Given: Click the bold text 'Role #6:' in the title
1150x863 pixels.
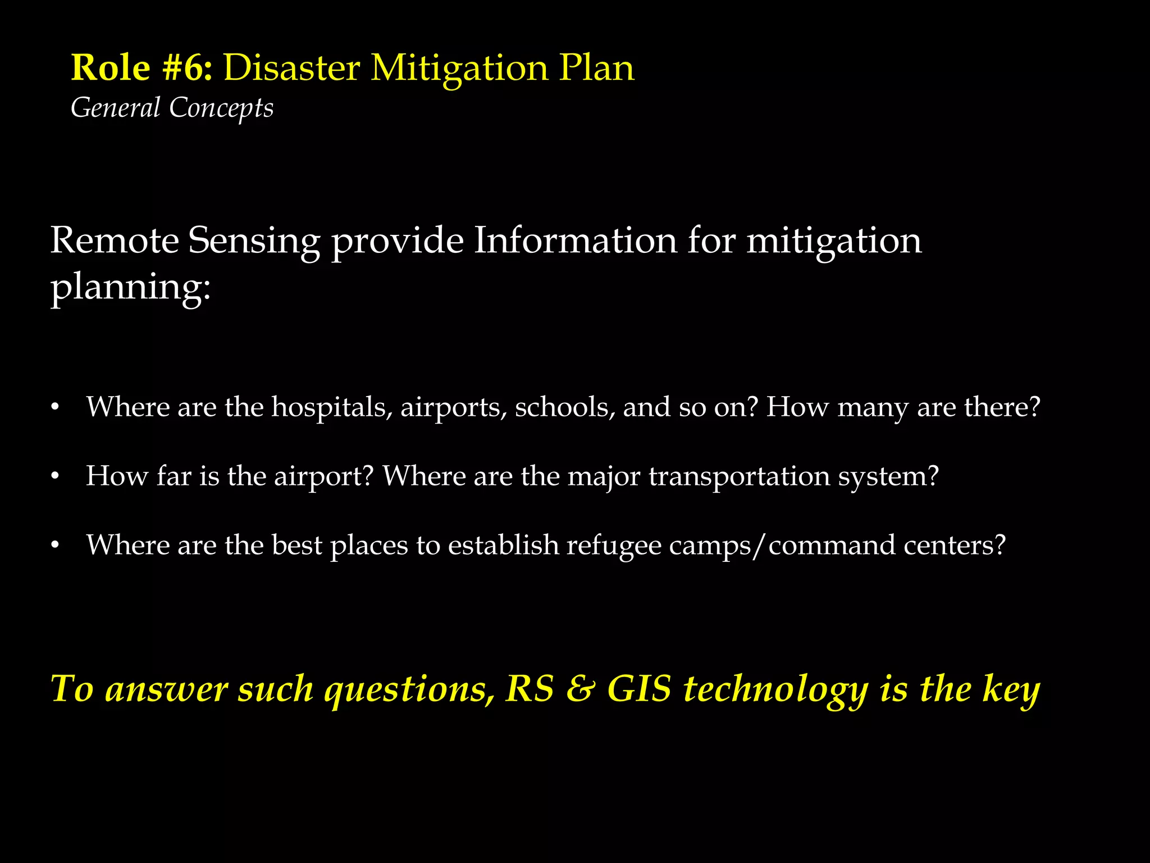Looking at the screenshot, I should tap(142, 69).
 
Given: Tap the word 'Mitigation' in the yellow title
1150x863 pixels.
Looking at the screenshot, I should tap(459, 69).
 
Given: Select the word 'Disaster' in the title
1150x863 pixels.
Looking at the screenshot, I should tap(292, 69).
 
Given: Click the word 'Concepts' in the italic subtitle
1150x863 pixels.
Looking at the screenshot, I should tap(221, 108).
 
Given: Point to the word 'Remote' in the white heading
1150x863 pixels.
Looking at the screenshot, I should tap(114, 240).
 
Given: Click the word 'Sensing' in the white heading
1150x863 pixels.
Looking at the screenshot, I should tap(254, 242).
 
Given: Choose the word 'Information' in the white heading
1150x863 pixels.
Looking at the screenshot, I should tap(575, 240).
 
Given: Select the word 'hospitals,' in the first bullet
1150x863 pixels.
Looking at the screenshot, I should tap(332, 407).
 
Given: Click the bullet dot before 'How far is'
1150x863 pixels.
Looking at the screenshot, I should tap(54, 476).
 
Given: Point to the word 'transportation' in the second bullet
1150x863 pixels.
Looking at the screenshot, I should tap(739, 476).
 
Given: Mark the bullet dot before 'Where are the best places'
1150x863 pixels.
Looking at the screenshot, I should tap(54, 546).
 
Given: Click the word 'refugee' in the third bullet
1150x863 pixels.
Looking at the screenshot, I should tap(614, 546).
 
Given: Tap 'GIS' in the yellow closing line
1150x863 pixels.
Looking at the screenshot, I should tap(640, 689).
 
